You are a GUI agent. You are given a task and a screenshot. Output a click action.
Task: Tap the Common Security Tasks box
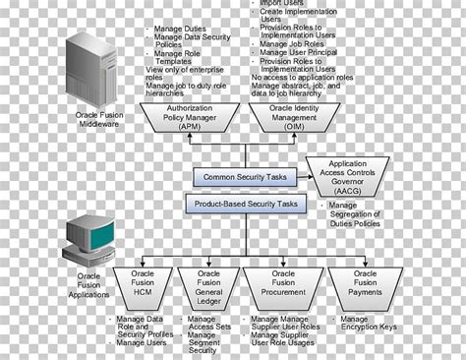tap(243, 178)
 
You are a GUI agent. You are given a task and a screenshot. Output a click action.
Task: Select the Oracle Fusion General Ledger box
tap(208, 284)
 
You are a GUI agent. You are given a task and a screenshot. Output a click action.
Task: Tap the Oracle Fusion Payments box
tap(361, 284)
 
